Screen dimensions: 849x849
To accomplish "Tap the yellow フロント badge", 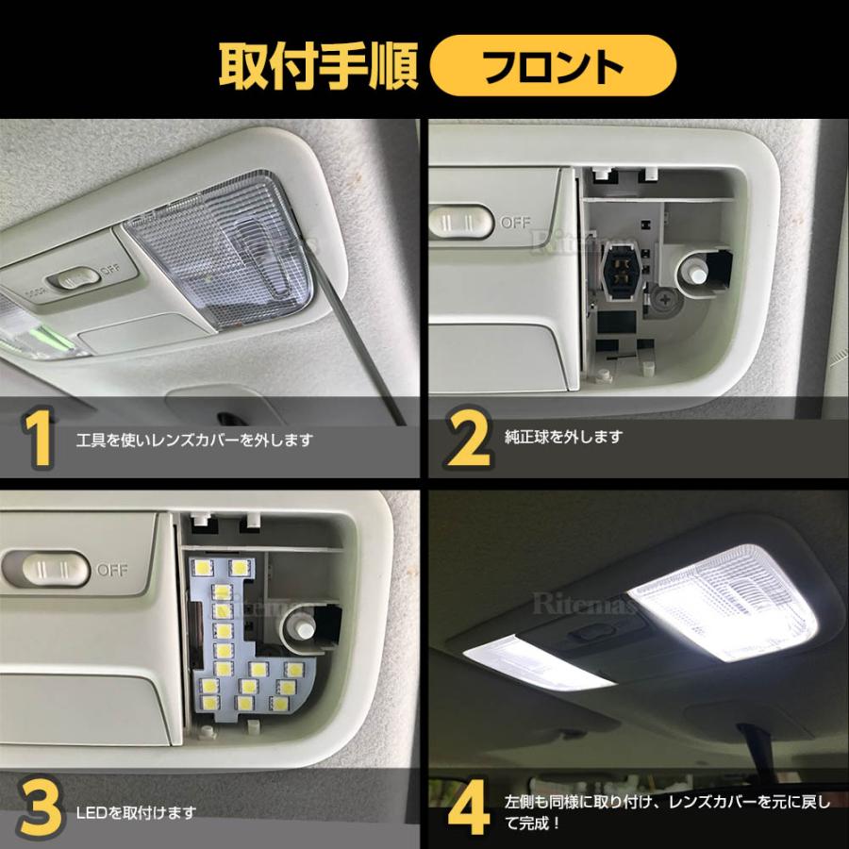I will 554,67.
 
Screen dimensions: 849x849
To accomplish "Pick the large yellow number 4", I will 469,810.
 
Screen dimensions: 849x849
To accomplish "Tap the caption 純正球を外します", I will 564,437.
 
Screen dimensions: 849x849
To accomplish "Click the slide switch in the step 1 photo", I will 76,279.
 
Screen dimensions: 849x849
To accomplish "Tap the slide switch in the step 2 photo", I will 459,222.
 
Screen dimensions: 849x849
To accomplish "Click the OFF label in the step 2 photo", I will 515,223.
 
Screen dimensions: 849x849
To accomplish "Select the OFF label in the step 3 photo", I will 112,570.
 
